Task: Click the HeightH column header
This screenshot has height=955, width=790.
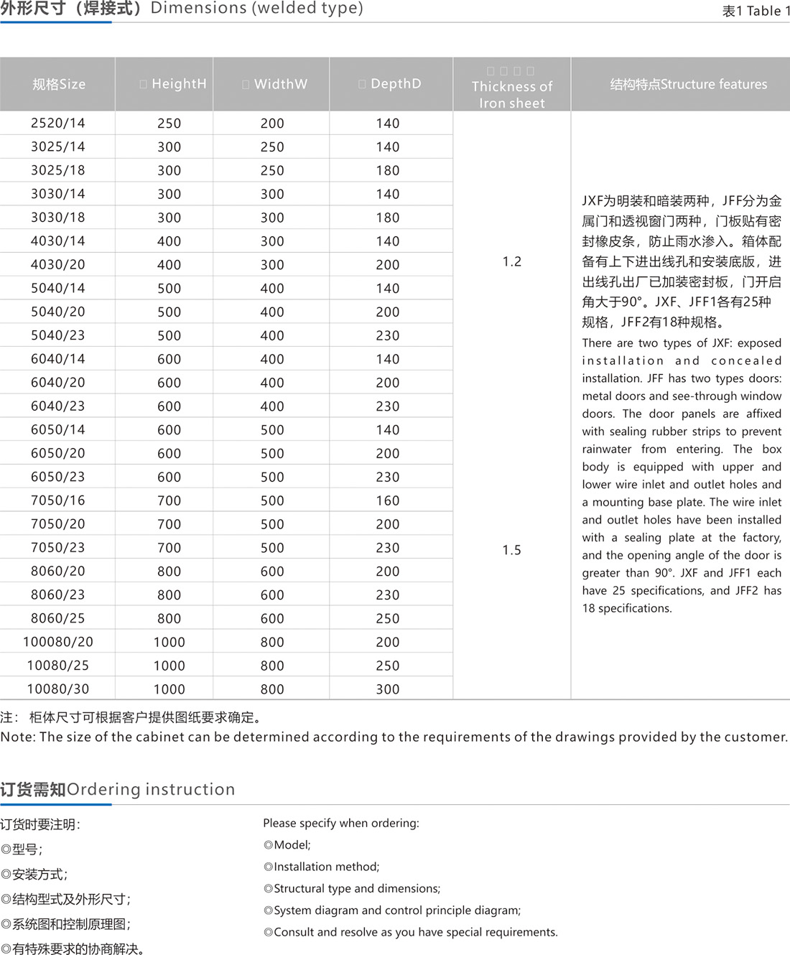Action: pyautogui.click(x=173, y=84)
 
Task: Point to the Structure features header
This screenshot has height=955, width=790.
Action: pyautogui.click(x=688, y=84)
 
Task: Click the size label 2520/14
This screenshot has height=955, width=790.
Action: pyautogui.click(x=57, y=124)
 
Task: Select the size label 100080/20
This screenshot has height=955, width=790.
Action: pyautogui.click(x=57, y=642)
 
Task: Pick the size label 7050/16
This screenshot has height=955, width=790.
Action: pyautogui.click(x=57, y=500)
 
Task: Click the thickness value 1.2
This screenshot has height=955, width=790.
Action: pyautogui.click(x=512, y=261)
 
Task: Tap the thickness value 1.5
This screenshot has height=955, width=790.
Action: pyautogui.click(x=512, y=550)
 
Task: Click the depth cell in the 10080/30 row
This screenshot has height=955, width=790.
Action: pyautogui.click(x=388, y=689)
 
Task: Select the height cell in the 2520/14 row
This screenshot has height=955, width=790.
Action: pyautogui.click(x=169, y=124)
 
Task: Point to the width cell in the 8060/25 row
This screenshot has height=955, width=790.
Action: pyautogui.click(x=272, y=618)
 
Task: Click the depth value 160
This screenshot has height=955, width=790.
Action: pyautogui.click(x=388, y=500)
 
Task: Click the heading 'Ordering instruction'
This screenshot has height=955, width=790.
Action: pyautogui.click(x=151, y=789)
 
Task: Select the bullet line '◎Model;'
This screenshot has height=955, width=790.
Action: pyautogui.click(x=287, y=845)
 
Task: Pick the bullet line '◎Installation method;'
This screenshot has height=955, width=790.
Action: pyautogui.click(x=322, y=867)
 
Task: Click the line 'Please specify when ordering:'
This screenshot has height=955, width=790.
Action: pyautogui.click(x=341, y=823)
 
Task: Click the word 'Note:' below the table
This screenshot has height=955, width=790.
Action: pyautogui.click(x=18, y=737)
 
